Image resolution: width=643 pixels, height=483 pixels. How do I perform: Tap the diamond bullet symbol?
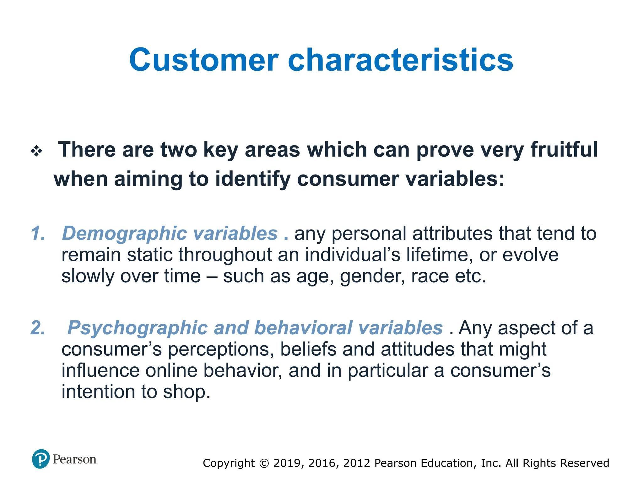coord(36,151)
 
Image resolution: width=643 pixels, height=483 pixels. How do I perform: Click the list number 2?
coord(38,328)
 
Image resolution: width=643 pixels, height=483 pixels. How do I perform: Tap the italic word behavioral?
coord(303,328)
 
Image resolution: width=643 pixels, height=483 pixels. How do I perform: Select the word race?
coord(429,276)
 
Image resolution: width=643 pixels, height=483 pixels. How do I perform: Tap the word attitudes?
coord(417,349)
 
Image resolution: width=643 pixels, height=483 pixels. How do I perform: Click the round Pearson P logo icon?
coord(41,459)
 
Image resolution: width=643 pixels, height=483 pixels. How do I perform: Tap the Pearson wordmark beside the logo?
coord(74,459)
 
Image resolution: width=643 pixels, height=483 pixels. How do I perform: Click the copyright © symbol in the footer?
coord(264,463)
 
